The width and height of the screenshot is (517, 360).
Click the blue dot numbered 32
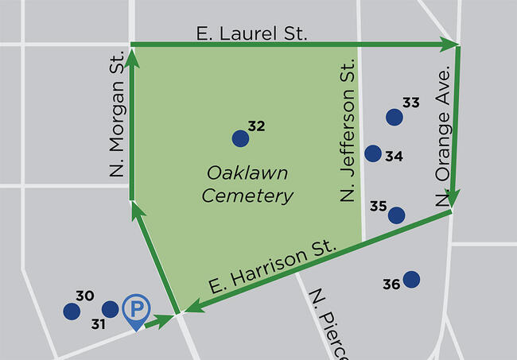(240, 139)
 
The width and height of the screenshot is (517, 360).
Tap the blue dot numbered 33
(394, 118)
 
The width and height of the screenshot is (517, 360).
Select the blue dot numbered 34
(373, 153)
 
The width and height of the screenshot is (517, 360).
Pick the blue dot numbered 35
(396, 215)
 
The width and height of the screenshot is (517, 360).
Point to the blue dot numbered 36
(411, 279)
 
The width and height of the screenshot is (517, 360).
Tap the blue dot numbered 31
(111, 308)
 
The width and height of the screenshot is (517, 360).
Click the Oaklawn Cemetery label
(247, 184)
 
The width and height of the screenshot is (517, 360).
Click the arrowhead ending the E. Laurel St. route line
(451, 43)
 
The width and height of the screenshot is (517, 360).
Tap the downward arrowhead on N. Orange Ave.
(454, 199)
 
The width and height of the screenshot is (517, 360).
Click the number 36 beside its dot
(391, 284)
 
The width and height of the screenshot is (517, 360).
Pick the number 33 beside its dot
(410, 103)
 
